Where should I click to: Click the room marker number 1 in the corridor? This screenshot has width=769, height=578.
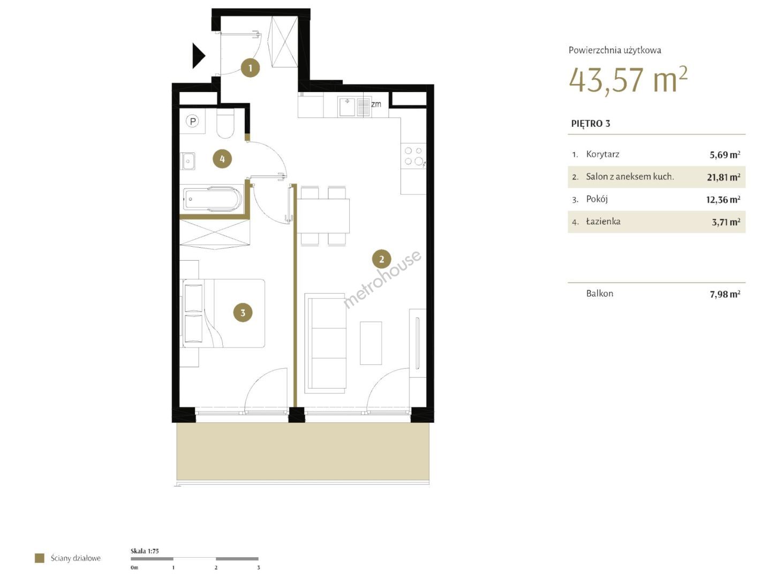click(x=250, y=68)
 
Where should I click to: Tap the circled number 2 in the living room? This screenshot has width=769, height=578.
click(x=381, y=259)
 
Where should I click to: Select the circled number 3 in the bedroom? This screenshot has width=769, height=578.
click(x=243, y=313)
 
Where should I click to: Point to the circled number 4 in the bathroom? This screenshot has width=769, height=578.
click(x=222, y=159)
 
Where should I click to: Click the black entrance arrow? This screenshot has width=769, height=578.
click(x=198, y=56)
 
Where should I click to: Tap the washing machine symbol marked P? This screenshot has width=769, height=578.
click(x=192, y=121)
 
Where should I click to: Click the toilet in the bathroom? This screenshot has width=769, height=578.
click(x=225, y=123)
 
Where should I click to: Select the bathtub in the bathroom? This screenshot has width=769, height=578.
click(x=212, y=200)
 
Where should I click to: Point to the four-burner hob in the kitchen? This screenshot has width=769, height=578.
click(x=413, y=156)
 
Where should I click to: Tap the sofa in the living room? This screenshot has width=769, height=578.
click(x=326, y=343)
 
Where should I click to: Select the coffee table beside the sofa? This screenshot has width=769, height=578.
click(x=371, y=343)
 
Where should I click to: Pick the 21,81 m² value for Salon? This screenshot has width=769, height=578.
click(x=723, y=177)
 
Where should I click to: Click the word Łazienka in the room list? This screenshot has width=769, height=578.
click(x=603, y=221)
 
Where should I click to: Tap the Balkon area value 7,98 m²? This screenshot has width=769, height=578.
click(x=725, y=294)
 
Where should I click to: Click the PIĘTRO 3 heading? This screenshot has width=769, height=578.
click(x=591, y=124)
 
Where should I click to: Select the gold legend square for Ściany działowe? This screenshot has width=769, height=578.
click(x=40, y=558)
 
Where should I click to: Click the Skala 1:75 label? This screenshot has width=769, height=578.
click(x=145, y=551)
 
